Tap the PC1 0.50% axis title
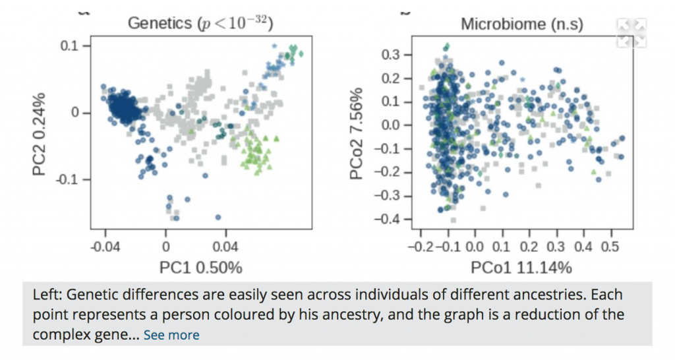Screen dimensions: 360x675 (200, 268)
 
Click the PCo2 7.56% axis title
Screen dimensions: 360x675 (357, 133)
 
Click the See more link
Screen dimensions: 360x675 (171, 335)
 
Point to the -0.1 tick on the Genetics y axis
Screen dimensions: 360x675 (69, 179)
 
